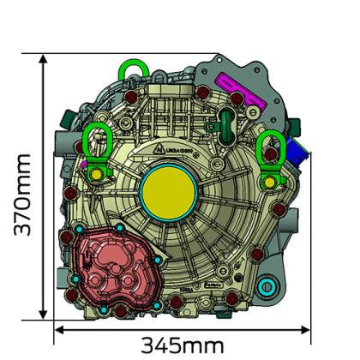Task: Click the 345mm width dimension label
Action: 182,345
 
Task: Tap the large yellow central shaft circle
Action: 169,190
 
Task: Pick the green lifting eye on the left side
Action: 95,141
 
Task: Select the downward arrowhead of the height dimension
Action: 44,322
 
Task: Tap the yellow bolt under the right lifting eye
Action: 273,180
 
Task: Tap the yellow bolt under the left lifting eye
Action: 97,176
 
